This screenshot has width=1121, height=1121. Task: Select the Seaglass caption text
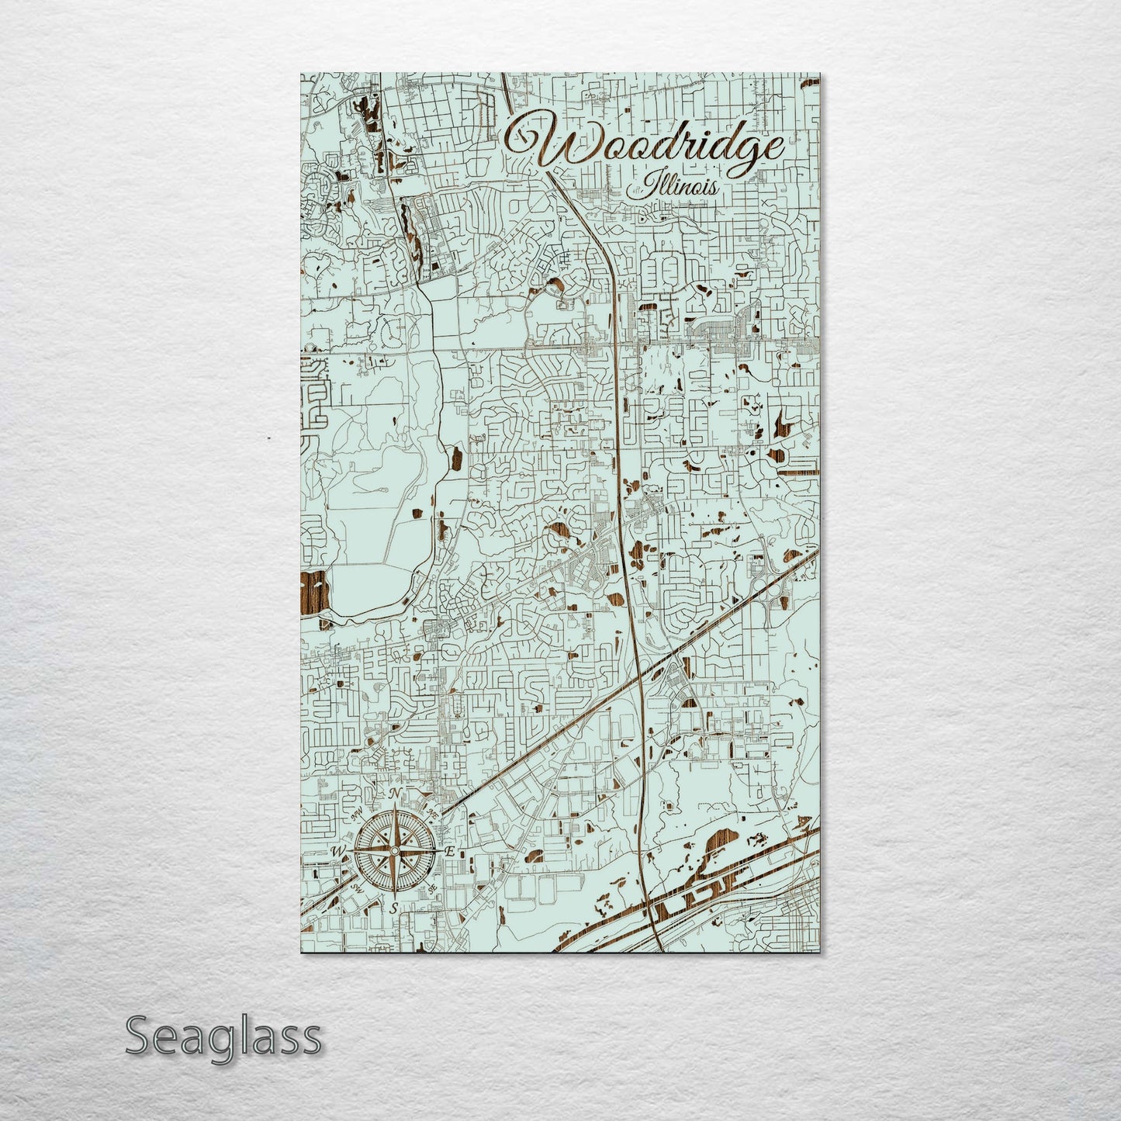223,1036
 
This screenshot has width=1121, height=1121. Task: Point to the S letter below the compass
394,908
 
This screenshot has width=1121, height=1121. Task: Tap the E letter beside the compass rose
449,851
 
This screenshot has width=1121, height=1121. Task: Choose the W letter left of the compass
338,852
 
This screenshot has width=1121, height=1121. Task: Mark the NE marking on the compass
431,814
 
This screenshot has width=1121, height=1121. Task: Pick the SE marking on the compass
432,887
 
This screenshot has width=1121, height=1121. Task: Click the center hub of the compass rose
394,852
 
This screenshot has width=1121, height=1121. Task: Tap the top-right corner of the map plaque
819,74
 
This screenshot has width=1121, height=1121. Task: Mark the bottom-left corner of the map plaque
302,953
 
